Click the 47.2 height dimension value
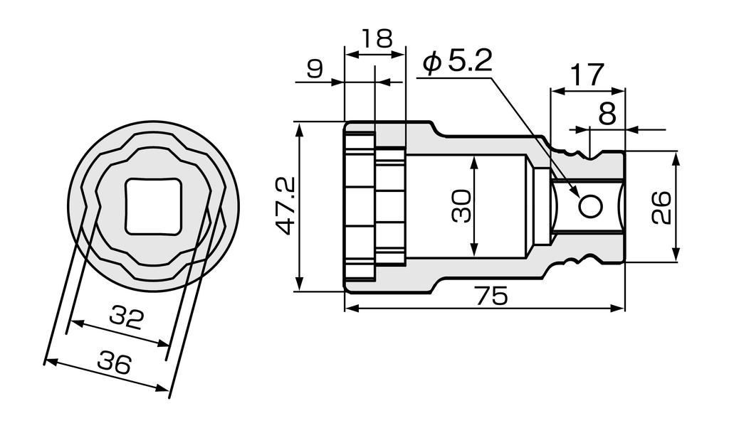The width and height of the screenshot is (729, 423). pyautogui.click(x=285, y=206)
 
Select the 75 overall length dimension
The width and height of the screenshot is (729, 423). pyautogui.click(x=492, y=295)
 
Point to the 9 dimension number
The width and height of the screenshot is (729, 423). pyautogui.click(x=315, y=69)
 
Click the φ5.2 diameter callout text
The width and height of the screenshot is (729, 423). pyautogui.click(x=456, y=62)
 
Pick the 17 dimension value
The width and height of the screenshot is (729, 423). pyautogui.click(x=587, y=74)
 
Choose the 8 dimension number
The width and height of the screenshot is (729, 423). pyautogui.click(x=607, y=114)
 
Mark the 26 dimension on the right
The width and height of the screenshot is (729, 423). pyautogui.click(x=662, y=206)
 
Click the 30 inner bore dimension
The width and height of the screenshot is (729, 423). pyautogui.click(x=461, y=206)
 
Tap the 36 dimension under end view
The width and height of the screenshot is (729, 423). pyautogui.click(x=114, y=363)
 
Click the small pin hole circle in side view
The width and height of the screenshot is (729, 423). pyautogui.click(x=589, y=206)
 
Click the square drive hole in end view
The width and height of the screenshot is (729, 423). pyautogui.click(x=154, y=205)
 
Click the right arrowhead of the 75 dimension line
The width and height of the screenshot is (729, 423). pyautogui.click(x=619, y=309)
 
